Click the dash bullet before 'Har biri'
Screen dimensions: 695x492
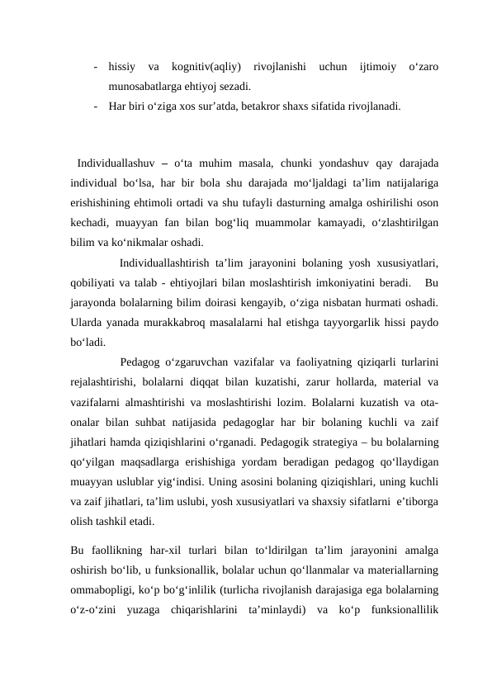point(97,106)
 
